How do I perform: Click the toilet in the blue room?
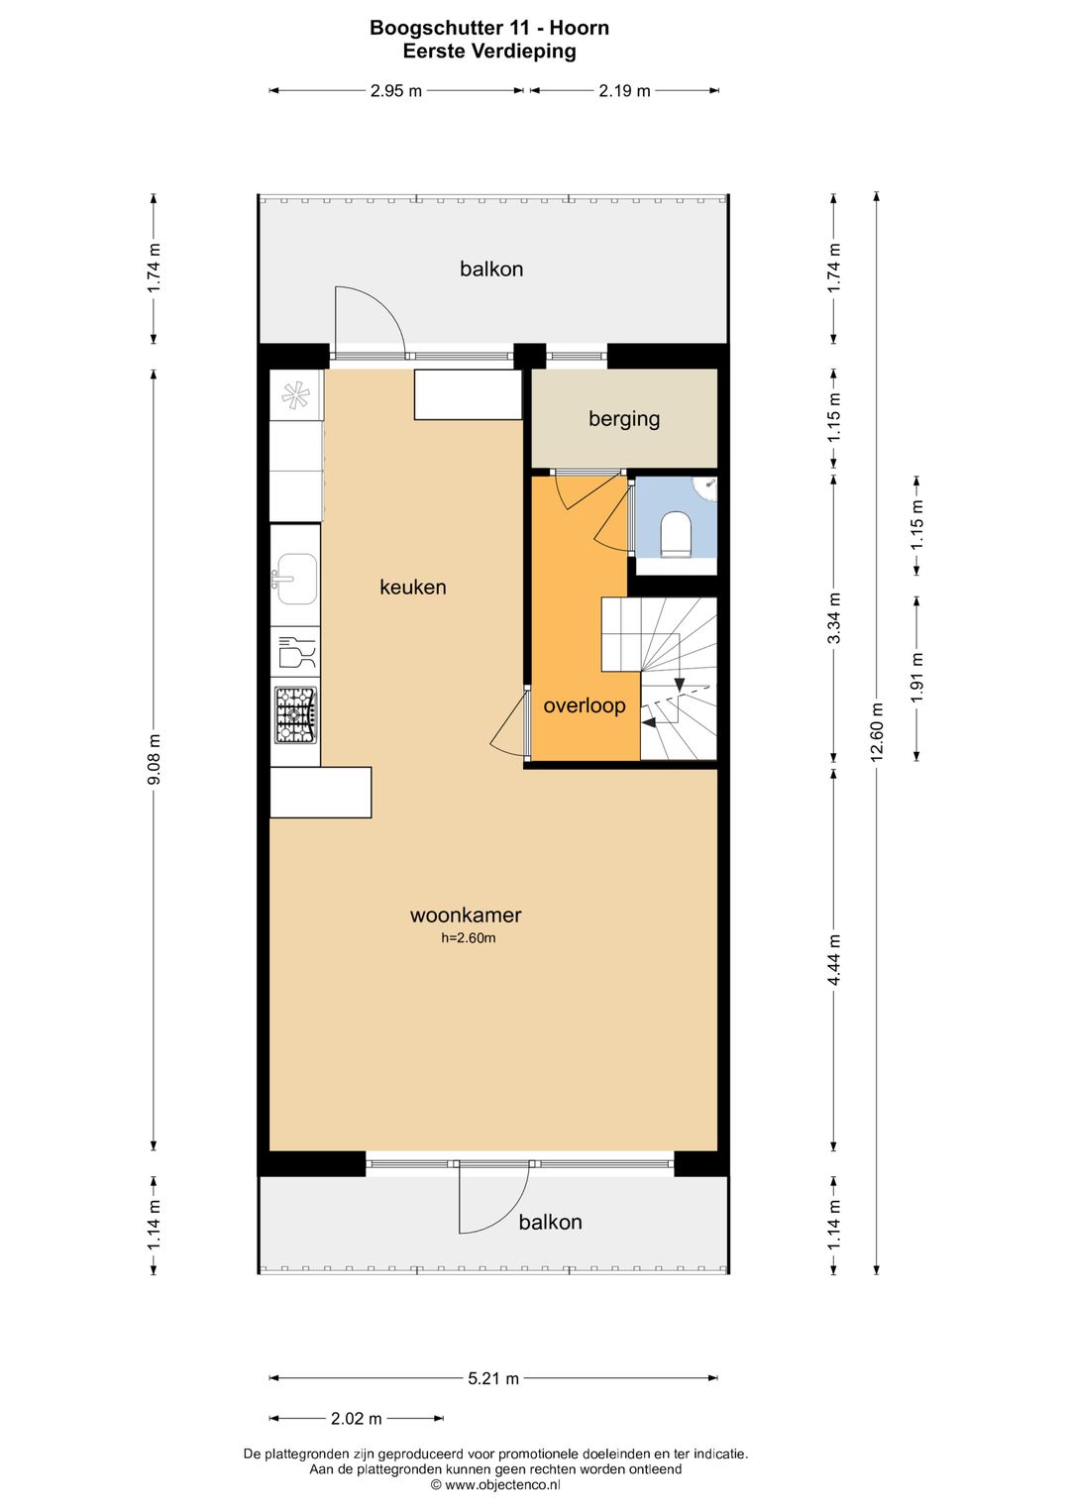(x=675, y=535)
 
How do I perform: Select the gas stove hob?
(x=295, y=714)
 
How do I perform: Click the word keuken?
(x=412, y=587)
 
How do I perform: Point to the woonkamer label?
(x=466, y=915)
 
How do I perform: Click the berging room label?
(x=624, y=418)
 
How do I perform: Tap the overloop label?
(x=584, y=705)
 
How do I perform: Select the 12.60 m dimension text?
(x=876, y=732)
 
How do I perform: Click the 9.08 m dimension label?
(x=154, y=759)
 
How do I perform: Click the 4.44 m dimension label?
(x=834, y=960)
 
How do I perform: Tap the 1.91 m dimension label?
(x=916, y=678)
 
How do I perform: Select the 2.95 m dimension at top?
(x=395, y=90)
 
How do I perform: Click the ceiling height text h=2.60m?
(x=469, y=937)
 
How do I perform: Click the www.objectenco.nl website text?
(x=502, y=1484)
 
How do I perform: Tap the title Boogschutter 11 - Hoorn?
(x=489, y=28)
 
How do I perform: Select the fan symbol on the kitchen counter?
(x=296, y=395)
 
